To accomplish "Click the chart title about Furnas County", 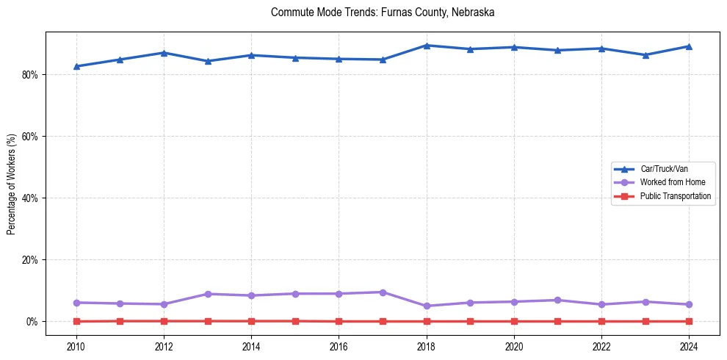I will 383,12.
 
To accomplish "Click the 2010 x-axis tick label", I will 76,345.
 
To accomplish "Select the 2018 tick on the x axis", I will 427,345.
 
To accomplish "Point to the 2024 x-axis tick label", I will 689,345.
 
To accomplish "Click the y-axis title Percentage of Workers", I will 12,184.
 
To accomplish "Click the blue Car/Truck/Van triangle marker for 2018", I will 427,46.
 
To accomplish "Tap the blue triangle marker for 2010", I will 76,66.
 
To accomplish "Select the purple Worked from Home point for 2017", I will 383,292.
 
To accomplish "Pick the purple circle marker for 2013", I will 208,294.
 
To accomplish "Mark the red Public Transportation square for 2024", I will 689,321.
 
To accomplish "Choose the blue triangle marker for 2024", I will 689,46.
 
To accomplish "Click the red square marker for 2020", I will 514,321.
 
